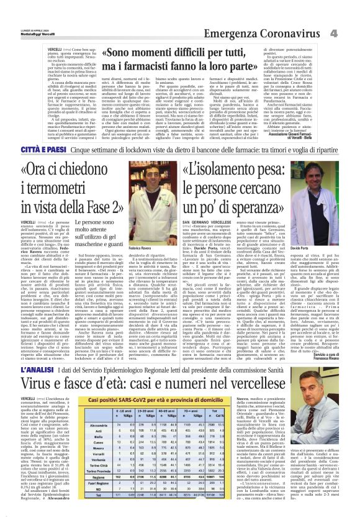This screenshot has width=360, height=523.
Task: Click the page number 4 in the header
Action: pos(351,14)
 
